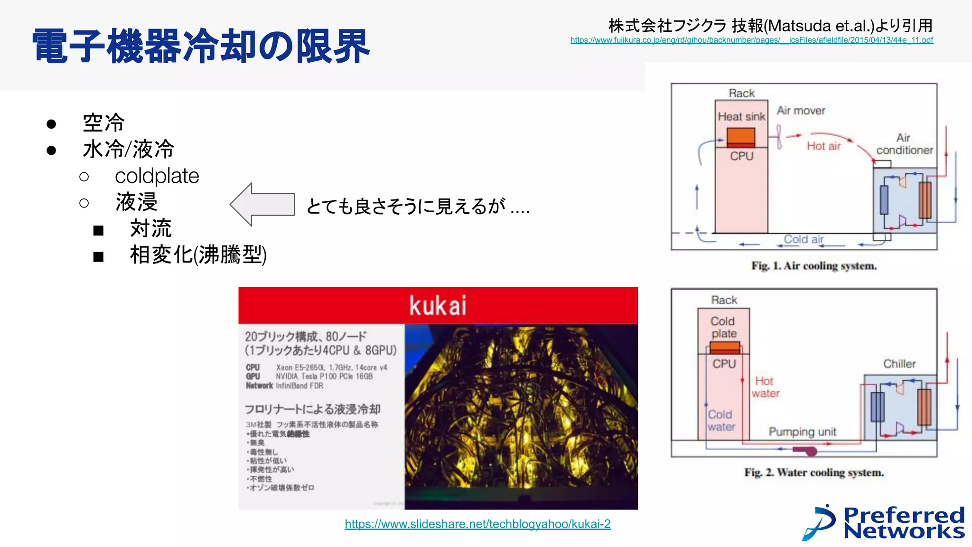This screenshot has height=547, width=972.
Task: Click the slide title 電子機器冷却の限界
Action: (201, 46)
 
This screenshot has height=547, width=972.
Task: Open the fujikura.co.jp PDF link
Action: (751, 40)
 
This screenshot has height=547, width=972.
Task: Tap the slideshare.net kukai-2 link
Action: (477, 524)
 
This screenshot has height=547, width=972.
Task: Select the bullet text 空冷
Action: (103, 123)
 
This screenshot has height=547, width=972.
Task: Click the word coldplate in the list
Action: (157, 176)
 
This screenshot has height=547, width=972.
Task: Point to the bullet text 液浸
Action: (136, 202)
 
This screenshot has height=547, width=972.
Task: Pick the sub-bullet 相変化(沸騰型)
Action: (198, 255)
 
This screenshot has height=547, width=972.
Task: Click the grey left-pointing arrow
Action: (262, 205)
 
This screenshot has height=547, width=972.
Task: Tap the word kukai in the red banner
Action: (438, 305)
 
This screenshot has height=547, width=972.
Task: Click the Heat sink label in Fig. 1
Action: (741, 117)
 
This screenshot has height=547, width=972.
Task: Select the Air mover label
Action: (801, 111)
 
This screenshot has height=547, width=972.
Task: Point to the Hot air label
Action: (823, 146)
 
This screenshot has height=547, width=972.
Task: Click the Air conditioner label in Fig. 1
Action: (904, 144)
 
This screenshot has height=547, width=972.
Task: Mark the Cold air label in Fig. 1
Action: (803, 239)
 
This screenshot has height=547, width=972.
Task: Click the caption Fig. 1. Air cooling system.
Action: (813, 266)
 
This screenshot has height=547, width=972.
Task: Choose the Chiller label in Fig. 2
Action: (899, 364)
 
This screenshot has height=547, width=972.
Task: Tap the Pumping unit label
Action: (802, 432)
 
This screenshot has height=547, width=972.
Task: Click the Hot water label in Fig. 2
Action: (765, 387)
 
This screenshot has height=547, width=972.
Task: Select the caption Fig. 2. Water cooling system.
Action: (813, 473)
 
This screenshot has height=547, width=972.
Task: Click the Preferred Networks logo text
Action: (904, 523)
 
